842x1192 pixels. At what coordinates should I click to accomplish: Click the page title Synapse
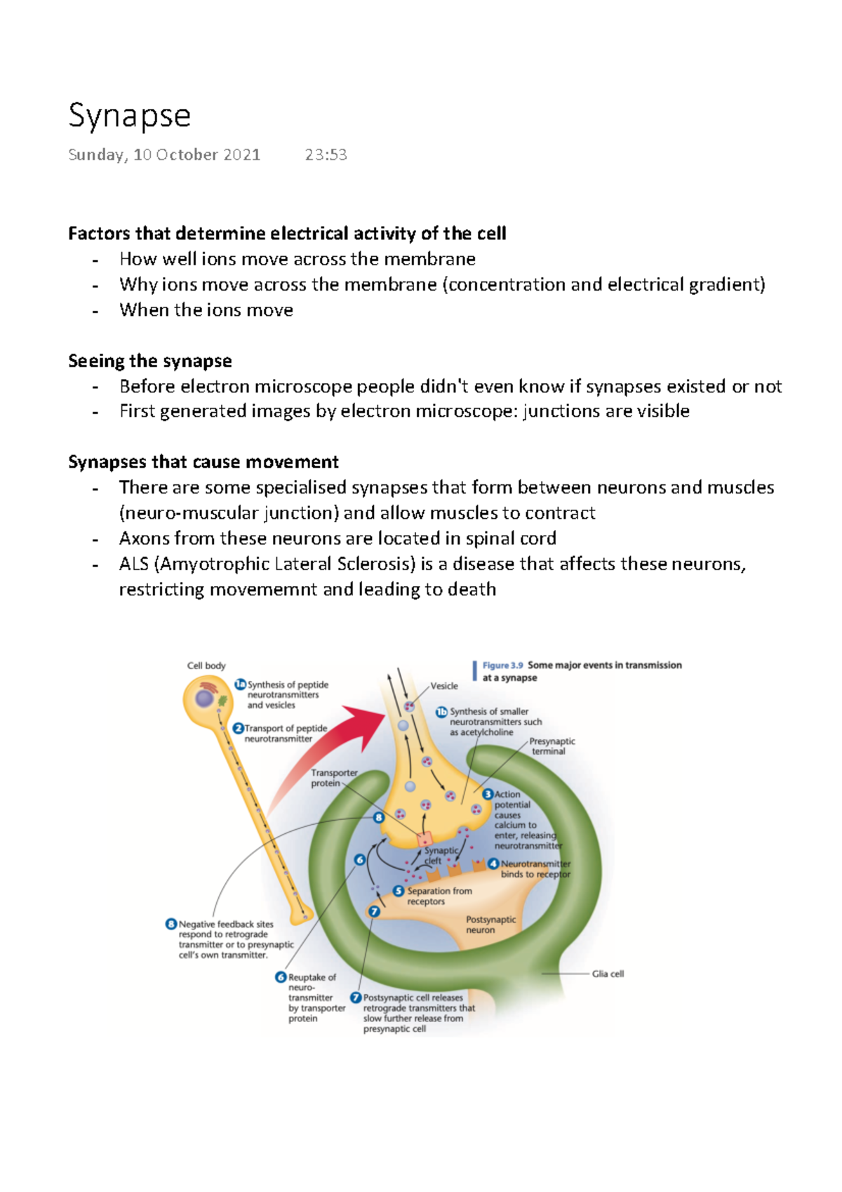point(129,116)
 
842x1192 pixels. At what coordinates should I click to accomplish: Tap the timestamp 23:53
point(326,155)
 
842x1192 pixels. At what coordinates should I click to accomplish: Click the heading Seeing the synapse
point(149,361)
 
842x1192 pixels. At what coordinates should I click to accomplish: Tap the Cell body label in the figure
point(206,665)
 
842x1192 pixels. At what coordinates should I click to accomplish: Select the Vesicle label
point(444,686)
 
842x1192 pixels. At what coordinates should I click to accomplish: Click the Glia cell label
point(608,974)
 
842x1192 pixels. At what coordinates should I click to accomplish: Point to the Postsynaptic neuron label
point(490,925)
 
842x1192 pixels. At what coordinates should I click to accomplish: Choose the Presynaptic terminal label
point(552,746)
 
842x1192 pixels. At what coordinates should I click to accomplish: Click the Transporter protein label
point(333,778)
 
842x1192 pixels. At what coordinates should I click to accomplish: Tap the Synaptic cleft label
point(440,855)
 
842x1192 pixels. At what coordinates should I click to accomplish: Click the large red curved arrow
point(330,751)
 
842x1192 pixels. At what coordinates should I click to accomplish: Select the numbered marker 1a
point(240,684)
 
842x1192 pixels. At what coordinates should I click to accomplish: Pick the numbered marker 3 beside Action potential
point(488,794)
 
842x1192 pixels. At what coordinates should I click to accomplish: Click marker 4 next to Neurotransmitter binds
point(494,863)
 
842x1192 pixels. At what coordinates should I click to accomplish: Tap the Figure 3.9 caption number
point(502,665)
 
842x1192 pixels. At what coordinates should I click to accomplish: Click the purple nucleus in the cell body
point(204,698)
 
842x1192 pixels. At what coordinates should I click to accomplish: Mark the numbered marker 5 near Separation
point(399,891)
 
